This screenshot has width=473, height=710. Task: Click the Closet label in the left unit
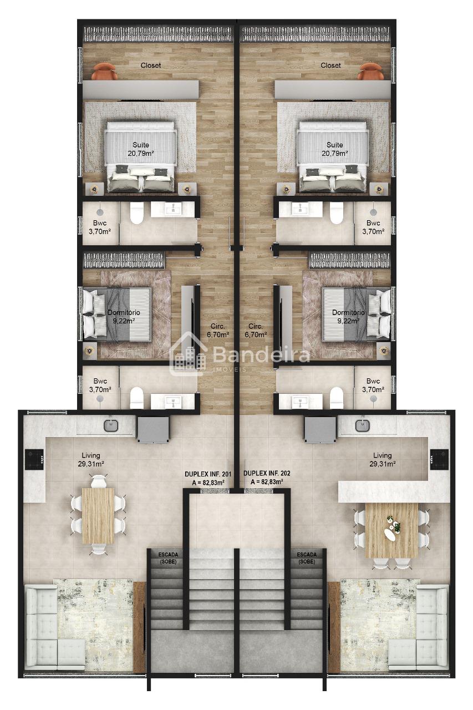[x=150, y=65]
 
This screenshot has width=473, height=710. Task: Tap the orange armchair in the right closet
[x=371, y=72]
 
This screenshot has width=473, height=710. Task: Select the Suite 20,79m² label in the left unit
[x=141, y=149]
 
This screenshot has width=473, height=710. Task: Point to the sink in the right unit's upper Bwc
[x=301, y=209]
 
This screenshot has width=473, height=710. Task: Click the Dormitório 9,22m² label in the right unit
[x=348, y=317]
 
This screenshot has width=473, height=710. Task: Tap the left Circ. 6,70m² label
[x=218, y=330]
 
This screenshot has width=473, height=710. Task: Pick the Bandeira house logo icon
[x=188, y=354]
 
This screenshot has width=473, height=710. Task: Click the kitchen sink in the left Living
[x=111, y=425]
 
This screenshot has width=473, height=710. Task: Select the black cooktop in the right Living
[x=439, y=459]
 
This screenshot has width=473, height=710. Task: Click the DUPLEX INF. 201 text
[x=208, y=474]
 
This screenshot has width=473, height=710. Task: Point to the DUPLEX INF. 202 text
[x=267, y=474]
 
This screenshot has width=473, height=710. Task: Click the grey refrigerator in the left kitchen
[x=152, y=429]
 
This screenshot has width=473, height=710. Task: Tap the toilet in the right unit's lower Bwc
[x=337, y=398]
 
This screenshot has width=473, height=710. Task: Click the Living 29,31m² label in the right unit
[x=383, y=460]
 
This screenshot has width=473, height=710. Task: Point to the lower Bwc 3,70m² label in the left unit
[x=100, y=385]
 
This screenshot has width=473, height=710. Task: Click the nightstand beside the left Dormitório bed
[x=90, y=351]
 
